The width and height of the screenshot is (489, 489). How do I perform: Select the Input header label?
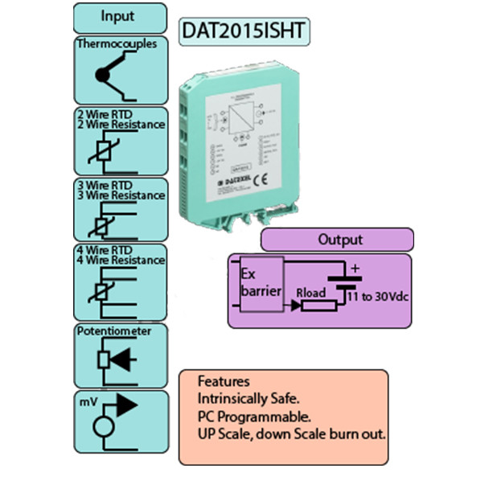(x=117, y=16)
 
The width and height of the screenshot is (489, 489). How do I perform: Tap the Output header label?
(x=339, y=239)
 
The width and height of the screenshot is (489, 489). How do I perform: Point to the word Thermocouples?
(x=117, y=44)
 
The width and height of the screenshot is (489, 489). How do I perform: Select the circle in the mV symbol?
(x=104, y=426)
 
